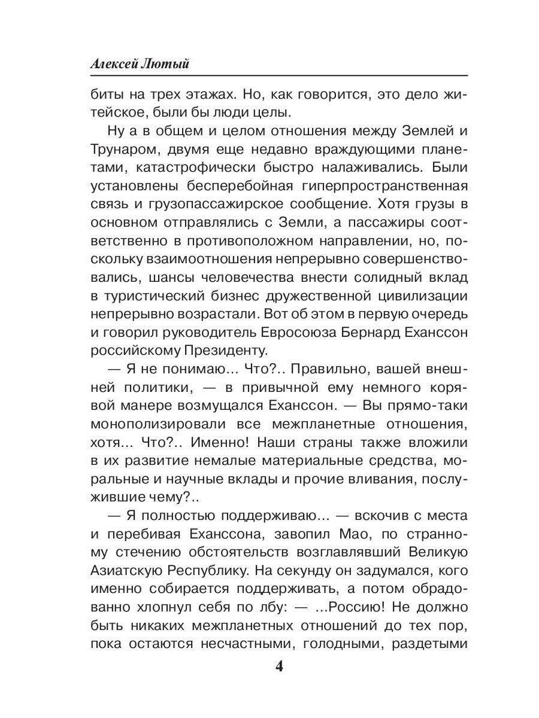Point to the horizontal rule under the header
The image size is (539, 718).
[x=278, y=75]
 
